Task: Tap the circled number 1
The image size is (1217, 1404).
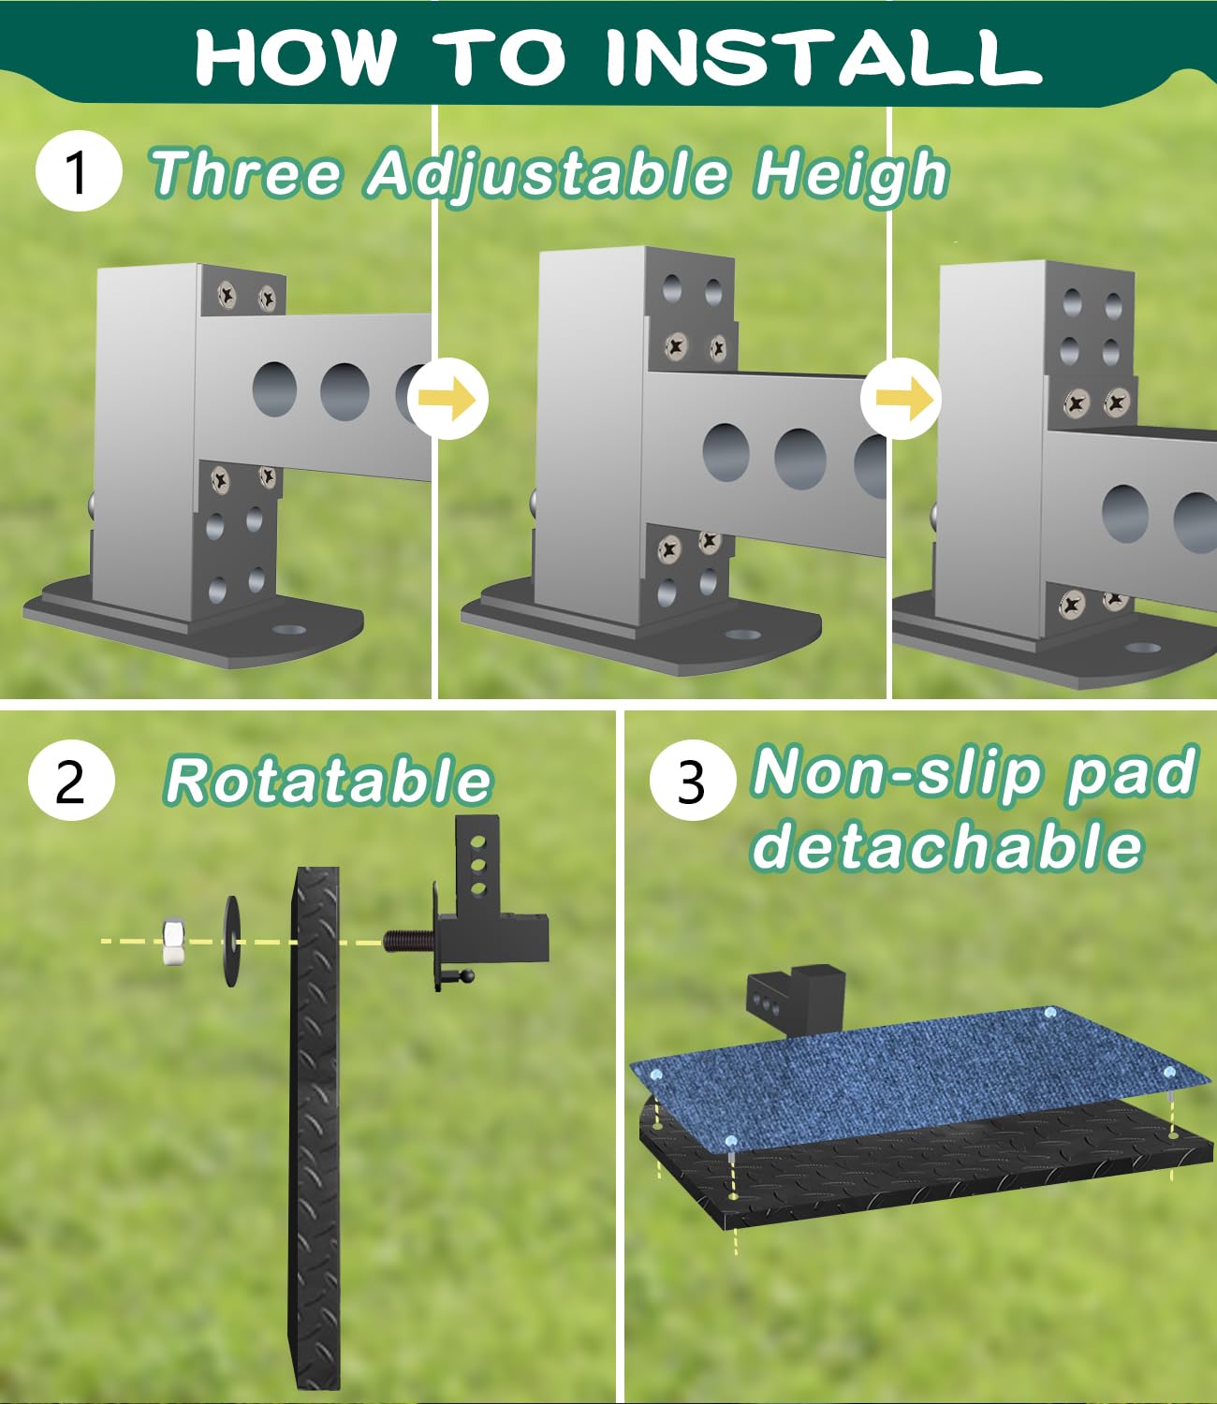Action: point(78,172)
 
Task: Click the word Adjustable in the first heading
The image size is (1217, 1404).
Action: point(548,174)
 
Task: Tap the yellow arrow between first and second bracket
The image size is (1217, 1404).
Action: point(448,400)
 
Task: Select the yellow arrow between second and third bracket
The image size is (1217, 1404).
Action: point(901,400)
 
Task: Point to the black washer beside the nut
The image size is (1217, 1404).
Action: point(230,942)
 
